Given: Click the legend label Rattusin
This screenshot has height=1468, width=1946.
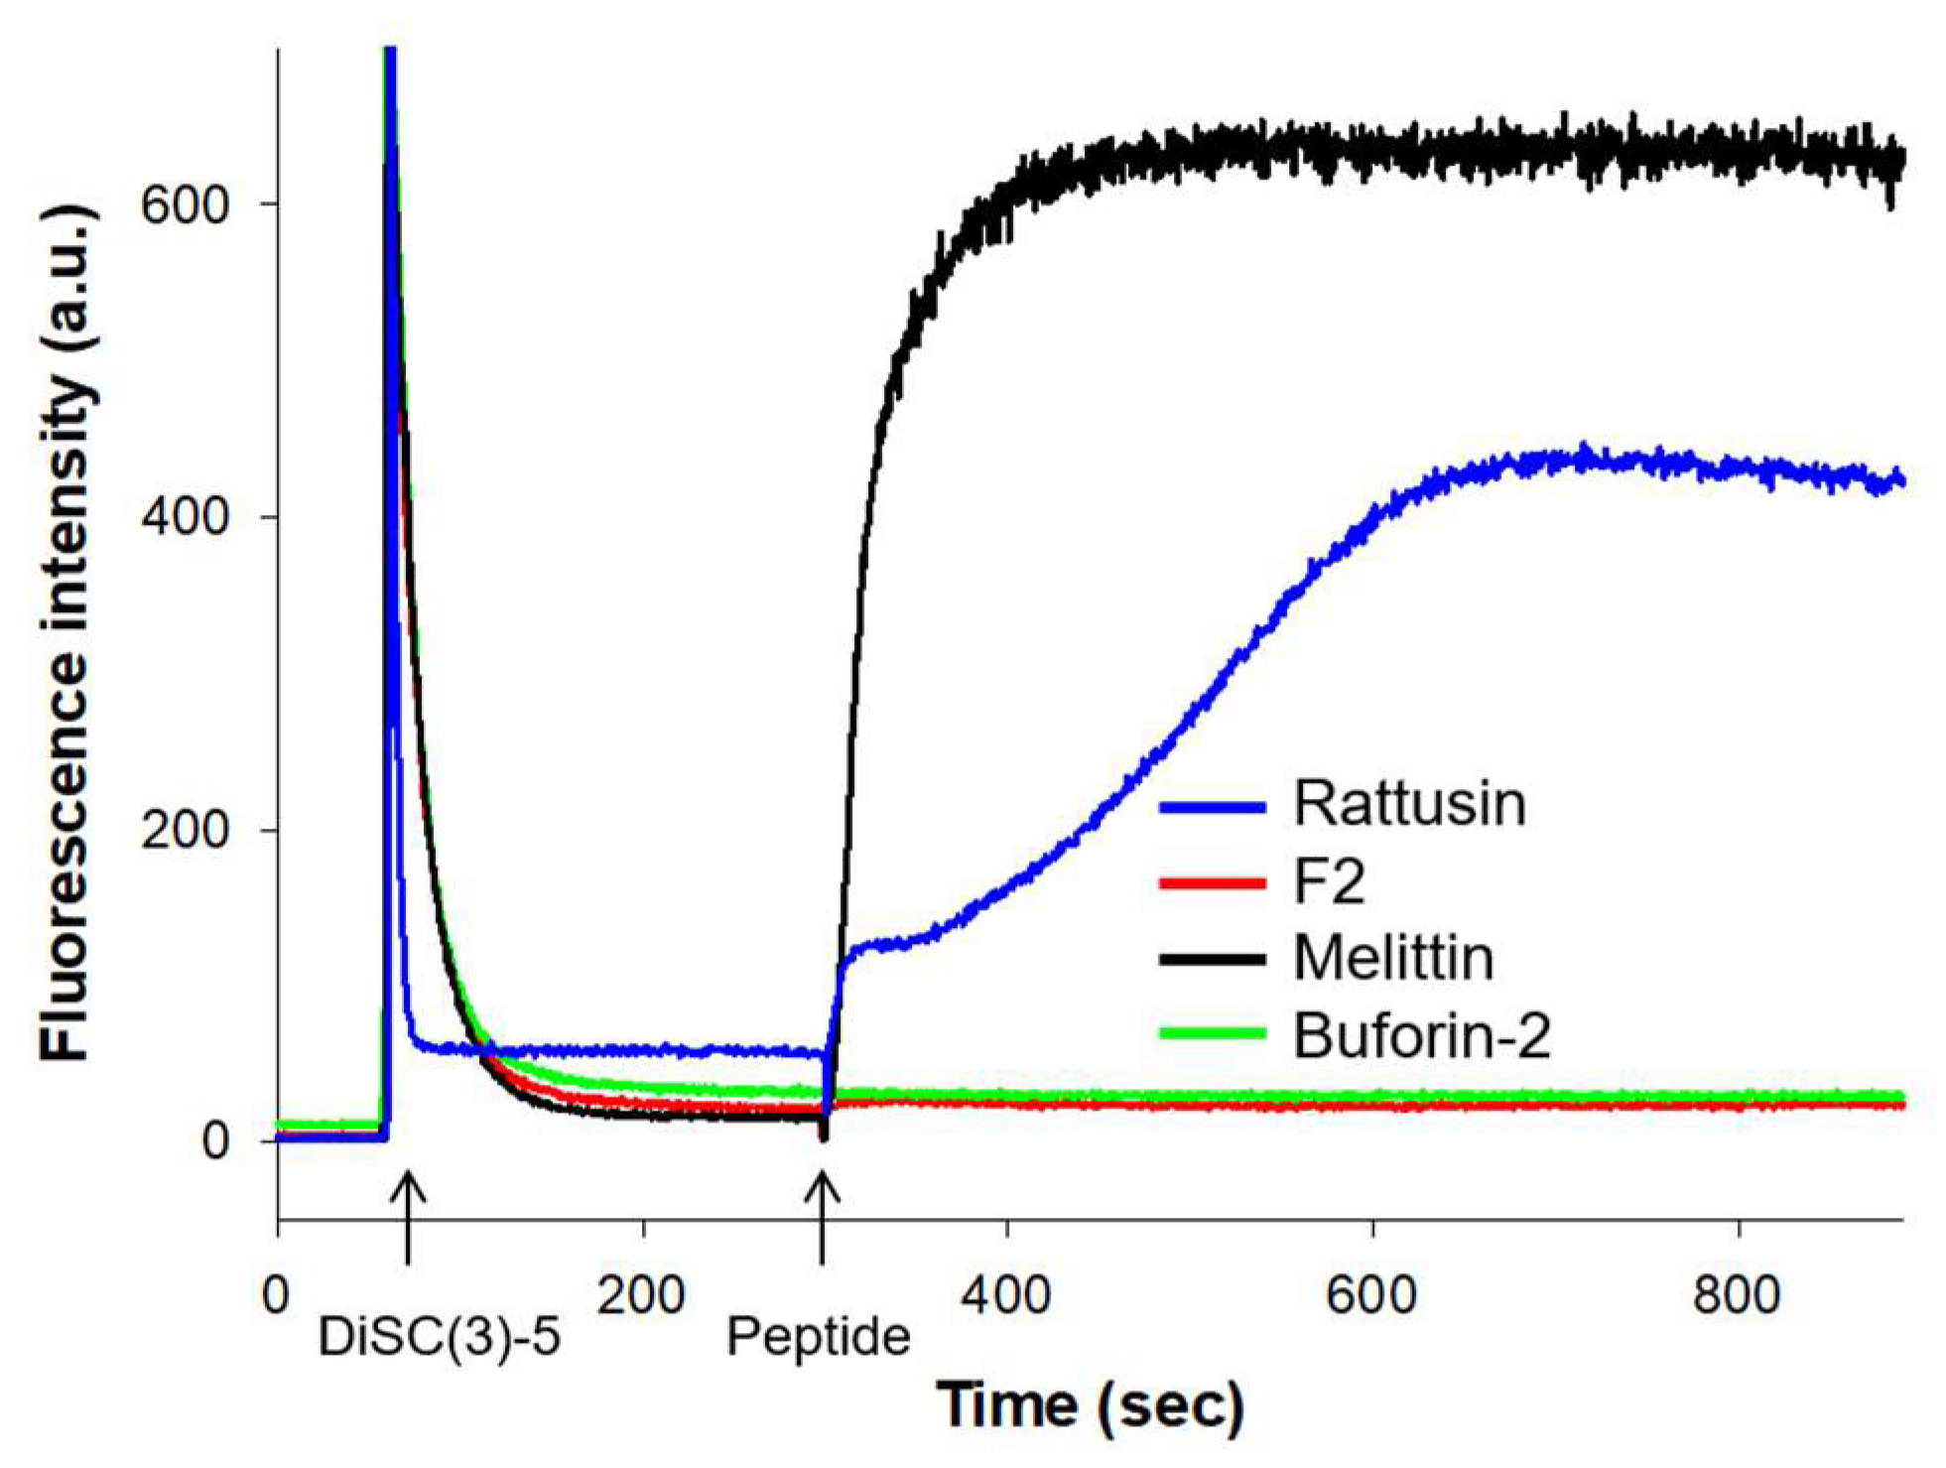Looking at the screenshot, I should (1408, 803).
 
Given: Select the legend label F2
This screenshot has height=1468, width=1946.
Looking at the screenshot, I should (1329, 881).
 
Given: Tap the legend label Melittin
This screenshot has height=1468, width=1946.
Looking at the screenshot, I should (1392, 958).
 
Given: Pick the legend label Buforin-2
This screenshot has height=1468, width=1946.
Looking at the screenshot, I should (1421, 1035).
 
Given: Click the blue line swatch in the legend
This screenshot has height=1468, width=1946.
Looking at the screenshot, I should (1212, 806).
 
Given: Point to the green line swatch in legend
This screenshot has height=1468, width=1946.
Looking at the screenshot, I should (1212, 1033).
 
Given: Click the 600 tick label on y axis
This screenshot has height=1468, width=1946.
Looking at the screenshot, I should (185, 204).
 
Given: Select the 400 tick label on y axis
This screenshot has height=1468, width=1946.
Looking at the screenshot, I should (185, 517).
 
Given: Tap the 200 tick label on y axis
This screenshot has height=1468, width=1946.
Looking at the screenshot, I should (185, 830).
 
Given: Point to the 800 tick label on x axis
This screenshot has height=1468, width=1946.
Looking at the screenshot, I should (1737, 1295).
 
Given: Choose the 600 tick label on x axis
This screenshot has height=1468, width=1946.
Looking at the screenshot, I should (1371, 1295).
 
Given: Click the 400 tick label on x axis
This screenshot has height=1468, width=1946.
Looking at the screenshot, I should (1006, 1295).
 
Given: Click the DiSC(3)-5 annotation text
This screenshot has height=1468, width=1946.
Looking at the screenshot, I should (439, 1337).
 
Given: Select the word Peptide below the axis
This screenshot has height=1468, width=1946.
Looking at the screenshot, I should (818, 1337).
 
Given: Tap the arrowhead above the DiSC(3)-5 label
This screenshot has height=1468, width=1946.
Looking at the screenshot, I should (408, 1183).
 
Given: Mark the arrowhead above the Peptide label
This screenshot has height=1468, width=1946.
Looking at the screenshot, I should (822, 1183).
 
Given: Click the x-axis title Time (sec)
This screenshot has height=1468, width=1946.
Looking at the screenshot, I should (1090, 1405).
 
